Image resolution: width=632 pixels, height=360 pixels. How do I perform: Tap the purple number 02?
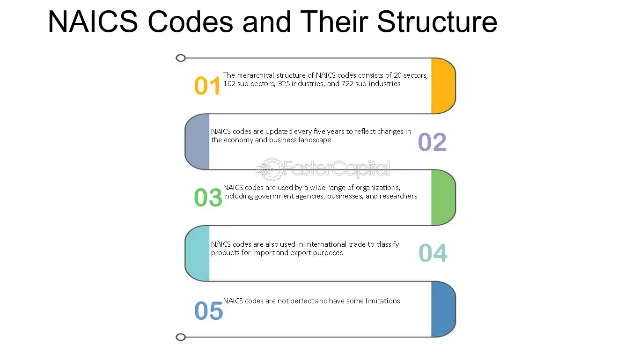[x=432, y=142]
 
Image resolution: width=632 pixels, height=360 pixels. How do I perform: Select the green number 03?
[x=208, y=198]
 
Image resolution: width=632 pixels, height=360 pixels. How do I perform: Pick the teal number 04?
[x=433, y=253]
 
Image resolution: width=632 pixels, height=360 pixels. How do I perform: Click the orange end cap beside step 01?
[x=442, y=86]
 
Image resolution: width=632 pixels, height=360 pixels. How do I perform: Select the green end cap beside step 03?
[x=442, y=197]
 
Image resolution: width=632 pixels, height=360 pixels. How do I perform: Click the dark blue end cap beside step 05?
[x=442, y=309]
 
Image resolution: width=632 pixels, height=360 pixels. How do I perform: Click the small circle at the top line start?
[x=181, y=58]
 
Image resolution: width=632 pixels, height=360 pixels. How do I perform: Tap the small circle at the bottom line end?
[x=181, y=337]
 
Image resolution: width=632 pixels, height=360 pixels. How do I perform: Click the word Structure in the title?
[x=437, y=22]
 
